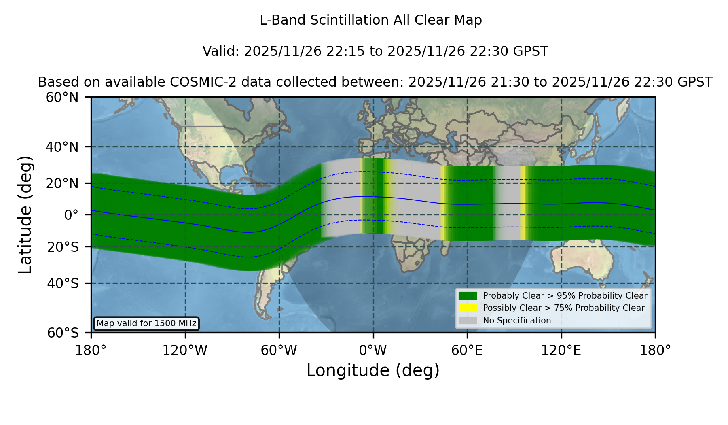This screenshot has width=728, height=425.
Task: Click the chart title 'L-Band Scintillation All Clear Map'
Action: coord(371,20)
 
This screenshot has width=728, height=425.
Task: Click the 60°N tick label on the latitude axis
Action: coord(62,97)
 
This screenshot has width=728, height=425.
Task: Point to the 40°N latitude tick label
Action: coord(62,147)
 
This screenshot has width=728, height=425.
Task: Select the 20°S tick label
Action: coord(63,247)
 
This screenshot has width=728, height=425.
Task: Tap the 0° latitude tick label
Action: coord(72,215)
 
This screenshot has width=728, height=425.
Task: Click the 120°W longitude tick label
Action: coord(185,351)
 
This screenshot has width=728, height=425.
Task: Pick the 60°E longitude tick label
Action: coord(467,351)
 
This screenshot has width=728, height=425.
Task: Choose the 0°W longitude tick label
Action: coord(373,351)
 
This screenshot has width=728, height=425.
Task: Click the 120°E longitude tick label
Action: coord(561,351)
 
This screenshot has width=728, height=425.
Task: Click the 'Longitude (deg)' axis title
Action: coord(373,370)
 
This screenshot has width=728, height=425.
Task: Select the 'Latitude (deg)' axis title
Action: coord(25,215)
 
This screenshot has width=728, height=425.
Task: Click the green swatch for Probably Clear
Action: coord(468,296)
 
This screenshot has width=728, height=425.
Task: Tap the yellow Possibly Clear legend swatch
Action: coord(468,308)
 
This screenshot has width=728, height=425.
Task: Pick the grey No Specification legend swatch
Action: coord(468,321)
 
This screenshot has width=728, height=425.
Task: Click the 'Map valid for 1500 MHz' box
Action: coord(146,323)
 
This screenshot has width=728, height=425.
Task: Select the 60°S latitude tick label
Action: coord(63,333)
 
